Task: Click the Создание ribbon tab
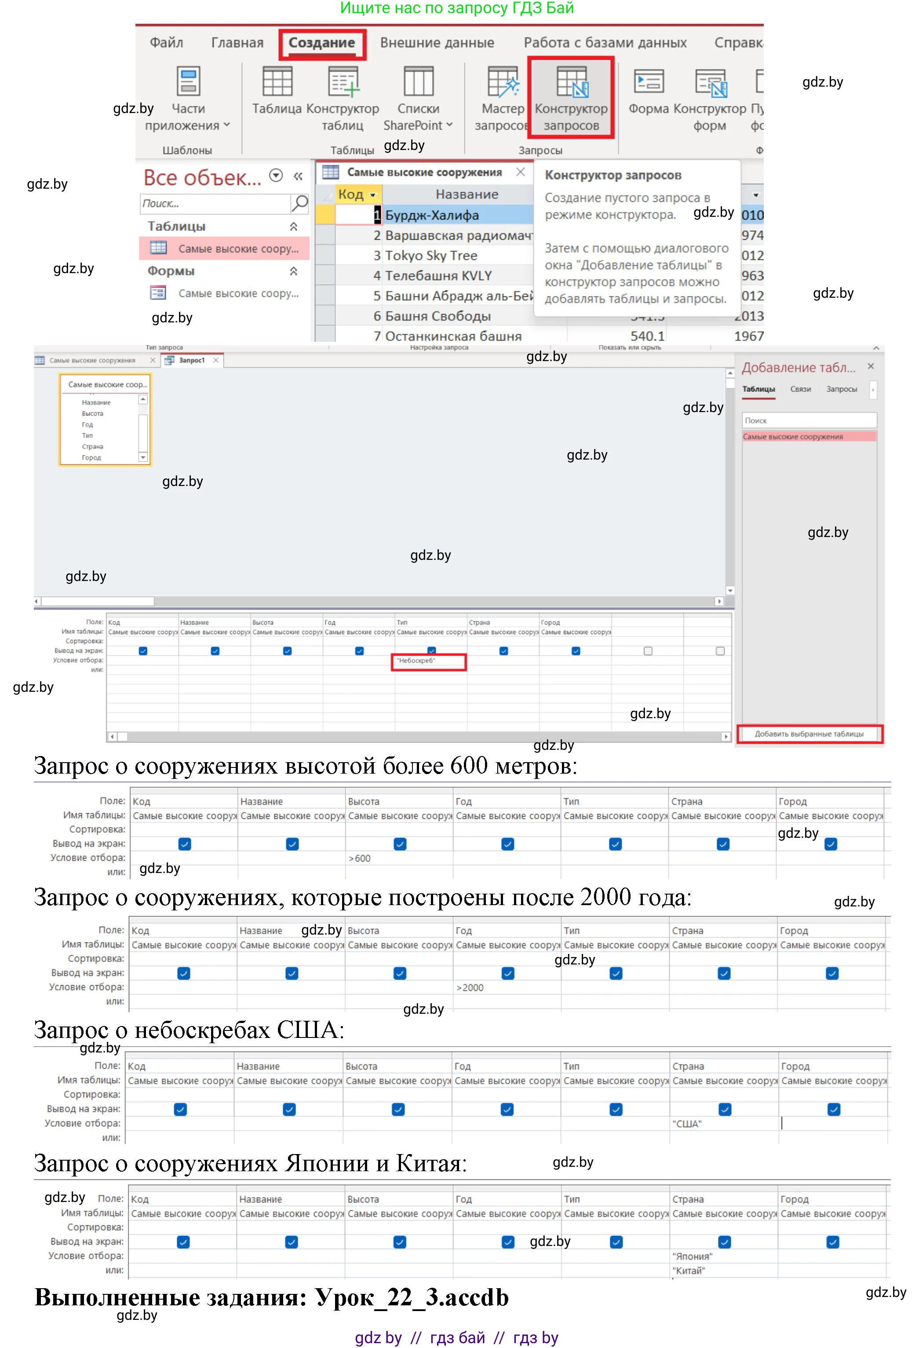point(322,43)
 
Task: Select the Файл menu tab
point(166,43)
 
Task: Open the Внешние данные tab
point(437,43)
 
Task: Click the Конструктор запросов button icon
point(571,82)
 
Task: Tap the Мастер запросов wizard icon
point(502,82)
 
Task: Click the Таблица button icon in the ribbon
point(277,82)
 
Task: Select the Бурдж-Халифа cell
point(432,215)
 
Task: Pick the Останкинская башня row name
point(453,336)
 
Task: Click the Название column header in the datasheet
point(467,194)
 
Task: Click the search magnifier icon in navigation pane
point(300,203)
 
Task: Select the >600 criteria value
point(360,858)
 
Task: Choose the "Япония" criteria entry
point(692,1257)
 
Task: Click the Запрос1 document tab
point(191,360)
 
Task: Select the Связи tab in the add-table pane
point(800,389)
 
